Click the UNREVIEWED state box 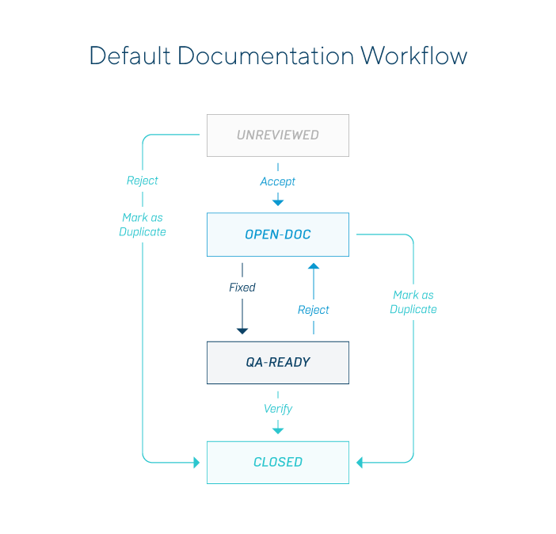(x=277, y=135)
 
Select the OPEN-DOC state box (x=277, y=235)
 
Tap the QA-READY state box (x=277, y=362)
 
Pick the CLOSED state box (x=277, y=462)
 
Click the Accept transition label (x=277, y=181)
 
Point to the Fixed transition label (x=242, y=288)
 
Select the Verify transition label (x=277, y=409)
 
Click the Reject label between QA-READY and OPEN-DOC (x=314, y=310)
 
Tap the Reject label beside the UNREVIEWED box (x=143, y=181)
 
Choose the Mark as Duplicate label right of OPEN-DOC (x=413, y=302)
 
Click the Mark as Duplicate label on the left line (x=143, y=224)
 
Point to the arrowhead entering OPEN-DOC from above (x=278, y=203)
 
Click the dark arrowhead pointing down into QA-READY (x=242, y=330)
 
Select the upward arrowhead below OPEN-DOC (x=314, y=267)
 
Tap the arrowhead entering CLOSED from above (x=278, y=430)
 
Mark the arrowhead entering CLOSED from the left (x=196, y=462)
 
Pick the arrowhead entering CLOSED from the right (x=360, y=462)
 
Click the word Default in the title (x=130, y=55)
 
